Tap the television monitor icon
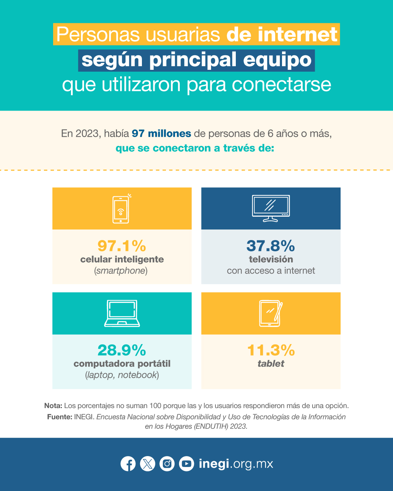tap(271, 208)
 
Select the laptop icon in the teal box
tap(122, 313)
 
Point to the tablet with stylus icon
tap(271, 313)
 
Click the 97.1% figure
tap(122, 246)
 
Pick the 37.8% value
tap(271, 246)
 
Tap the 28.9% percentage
tap(122, 350)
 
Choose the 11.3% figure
tap(271, 350)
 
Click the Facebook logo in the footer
tap(128, 464)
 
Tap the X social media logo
tap(147, 464)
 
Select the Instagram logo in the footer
tap(167, 464)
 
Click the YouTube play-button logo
tap(187, 464)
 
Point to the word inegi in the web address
tap(214, 464)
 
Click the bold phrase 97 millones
tap(162, 133)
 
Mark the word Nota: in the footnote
tap(53, 406)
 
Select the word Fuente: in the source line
tap(60, 417)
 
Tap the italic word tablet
tap(271, 364)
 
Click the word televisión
tap(271, 259)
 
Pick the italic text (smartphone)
tap(121, 271)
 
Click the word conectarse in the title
tap(282, 85)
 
